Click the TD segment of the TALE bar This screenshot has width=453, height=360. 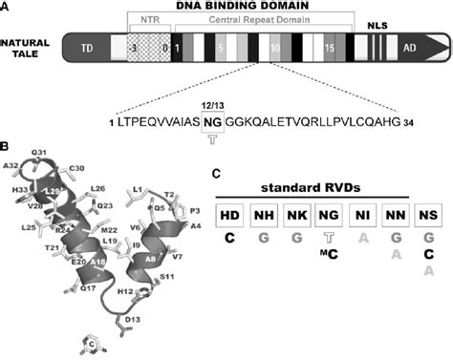[x=87, y=47]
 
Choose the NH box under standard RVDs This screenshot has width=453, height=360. [x=264, y=216]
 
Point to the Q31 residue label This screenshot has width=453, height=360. [x=39, y=152]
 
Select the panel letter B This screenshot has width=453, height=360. [x=6, y=146]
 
